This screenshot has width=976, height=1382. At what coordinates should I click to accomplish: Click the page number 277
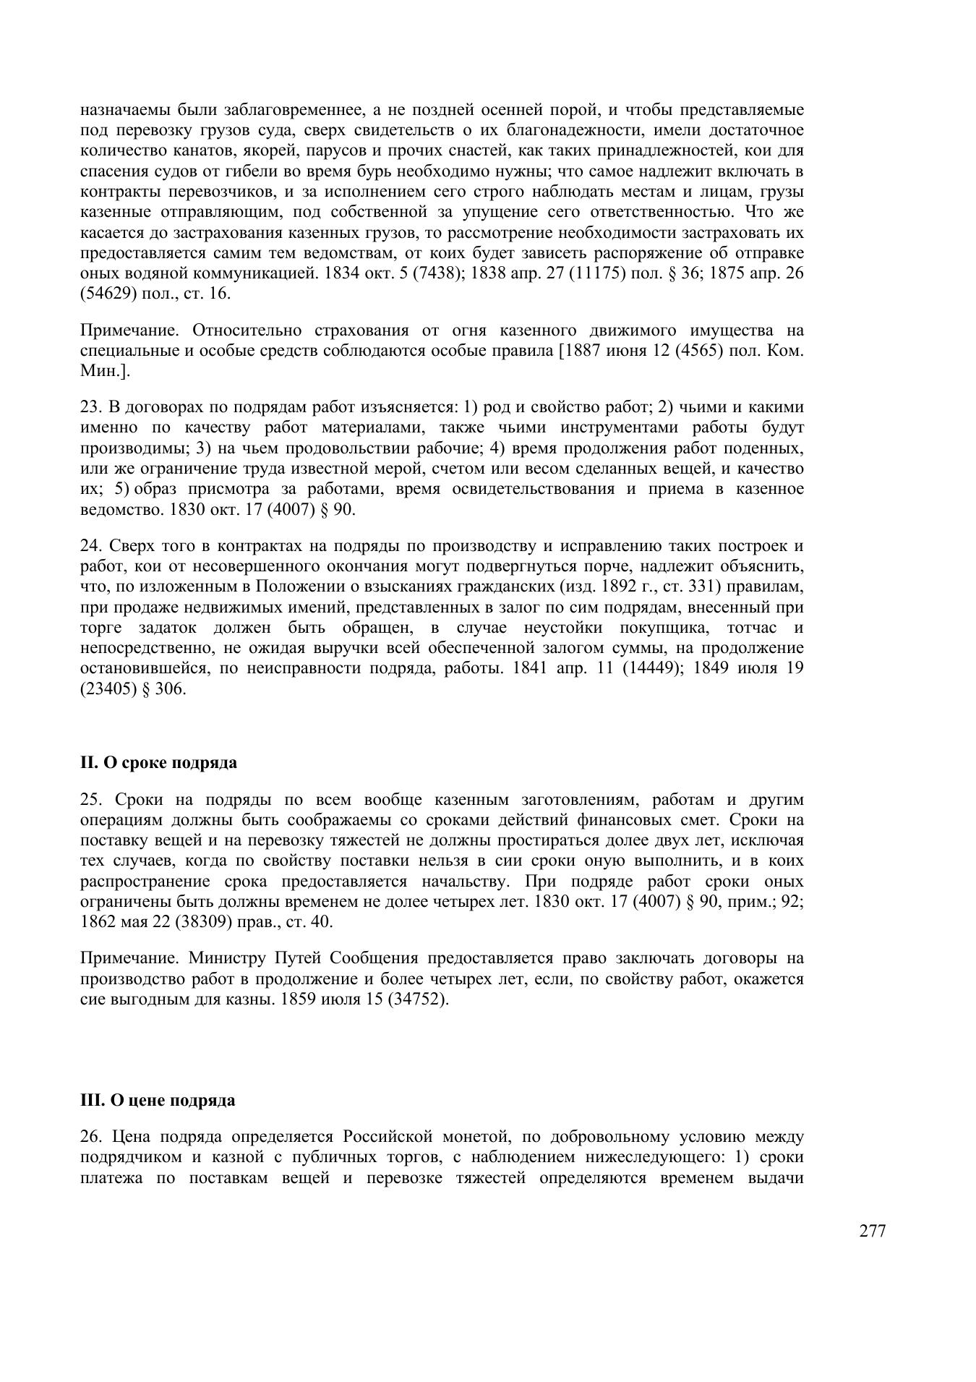pyautogui.click(x=872, y=1232)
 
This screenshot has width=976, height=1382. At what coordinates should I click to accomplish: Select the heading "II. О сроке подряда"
pyautogui.click(x=158, y=762)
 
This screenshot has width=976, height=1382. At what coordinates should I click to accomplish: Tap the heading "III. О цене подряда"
pyautogui.click(x=158, y=1100)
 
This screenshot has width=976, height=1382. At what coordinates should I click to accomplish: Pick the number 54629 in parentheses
pyautogui.click(x=110, y=294)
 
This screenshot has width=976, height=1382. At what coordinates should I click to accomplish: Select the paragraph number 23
pyautogui.click(x=90, y=407)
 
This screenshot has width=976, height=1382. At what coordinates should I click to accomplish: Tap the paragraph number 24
pyautogui.click(x=90, y=545)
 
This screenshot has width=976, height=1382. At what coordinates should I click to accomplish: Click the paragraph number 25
pyautogui.click(x=90, y=800)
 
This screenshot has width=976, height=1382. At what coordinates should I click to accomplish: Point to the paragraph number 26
pyautogui.click(x=90, y=1137)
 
